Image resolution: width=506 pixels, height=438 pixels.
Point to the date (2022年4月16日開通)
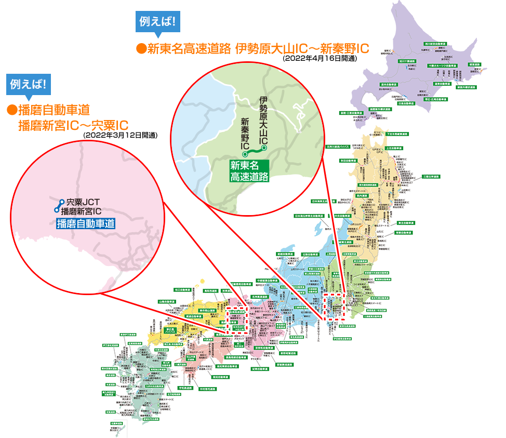[319, 59]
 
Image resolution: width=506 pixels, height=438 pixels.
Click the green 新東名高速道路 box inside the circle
[249, 171]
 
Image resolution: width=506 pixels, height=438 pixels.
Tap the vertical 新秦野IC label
[245, 134]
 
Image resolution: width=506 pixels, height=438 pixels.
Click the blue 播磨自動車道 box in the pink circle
[86, 224]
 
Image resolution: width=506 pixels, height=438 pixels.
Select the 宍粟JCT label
[83, 202]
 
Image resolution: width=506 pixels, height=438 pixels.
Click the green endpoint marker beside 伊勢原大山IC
[264, 149]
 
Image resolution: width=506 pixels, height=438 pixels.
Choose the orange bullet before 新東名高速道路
[140, 49]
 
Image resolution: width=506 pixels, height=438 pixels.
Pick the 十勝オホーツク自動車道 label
[443, 66]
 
